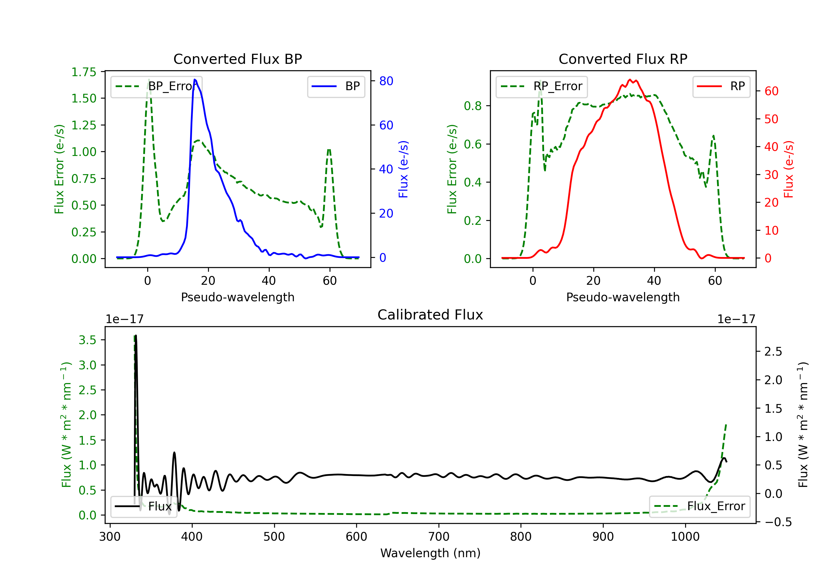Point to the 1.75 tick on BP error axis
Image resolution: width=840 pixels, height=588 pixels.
pos(84,72)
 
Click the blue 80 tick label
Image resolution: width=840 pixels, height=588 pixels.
pos(386,81)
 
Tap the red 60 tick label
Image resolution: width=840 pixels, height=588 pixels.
pos(771,91)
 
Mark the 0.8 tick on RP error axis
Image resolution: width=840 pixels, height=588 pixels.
pos(472,106)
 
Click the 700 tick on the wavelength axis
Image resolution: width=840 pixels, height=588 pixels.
pos(438,537)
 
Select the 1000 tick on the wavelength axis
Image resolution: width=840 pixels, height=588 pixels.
pos(685,537)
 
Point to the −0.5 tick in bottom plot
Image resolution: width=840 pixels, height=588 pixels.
pos(778,522)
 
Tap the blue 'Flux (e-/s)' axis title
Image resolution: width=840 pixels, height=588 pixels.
pos(403,169)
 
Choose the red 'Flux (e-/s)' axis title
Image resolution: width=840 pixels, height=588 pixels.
pos(788,169)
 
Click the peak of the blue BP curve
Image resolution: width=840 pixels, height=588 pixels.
pos(195,80)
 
